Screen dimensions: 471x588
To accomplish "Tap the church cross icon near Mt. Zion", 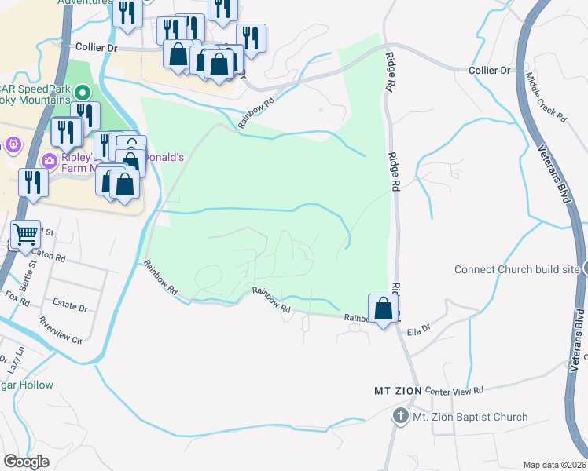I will point(400,416).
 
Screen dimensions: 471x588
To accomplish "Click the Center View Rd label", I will point(455,390).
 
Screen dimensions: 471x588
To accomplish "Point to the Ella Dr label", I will point(419,331).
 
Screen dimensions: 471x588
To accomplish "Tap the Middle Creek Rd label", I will point(546,97).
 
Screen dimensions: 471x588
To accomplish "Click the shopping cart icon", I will point(26,233).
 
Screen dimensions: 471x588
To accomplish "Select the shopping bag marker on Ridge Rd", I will point(383,308).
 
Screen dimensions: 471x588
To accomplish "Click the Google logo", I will point(26,462).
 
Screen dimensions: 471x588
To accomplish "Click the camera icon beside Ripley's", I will point(50,161).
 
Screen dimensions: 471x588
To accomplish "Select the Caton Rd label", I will point(48,256).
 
